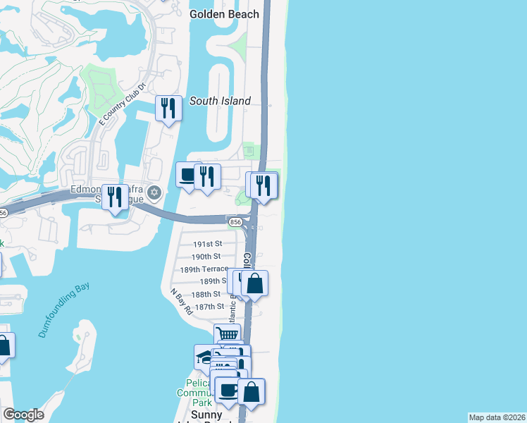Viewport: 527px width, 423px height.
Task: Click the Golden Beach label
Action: (224, 14)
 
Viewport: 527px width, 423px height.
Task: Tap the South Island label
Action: (220, 101)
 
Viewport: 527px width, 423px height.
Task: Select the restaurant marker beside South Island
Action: (168, 109)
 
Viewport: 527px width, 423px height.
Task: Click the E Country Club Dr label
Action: (122, 104)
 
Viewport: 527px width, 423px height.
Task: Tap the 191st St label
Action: (208, 244)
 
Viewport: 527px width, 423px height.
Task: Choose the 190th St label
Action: (206, 257)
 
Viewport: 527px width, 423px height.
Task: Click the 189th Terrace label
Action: (204, 269)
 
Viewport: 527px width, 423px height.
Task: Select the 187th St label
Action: (209, 307)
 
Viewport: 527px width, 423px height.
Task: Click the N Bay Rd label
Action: (181, 301)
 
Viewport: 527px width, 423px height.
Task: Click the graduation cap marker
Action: (205, 356)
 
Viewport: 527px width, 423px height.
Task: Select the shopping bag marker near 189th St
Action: (254, 283)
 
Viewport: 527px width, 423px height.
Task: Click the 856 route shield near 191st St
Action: (236, 222)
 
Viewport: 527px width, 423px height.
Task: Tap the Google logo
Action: (23, 415)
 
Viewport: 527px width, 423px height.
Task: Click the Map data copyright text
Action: (497, 417)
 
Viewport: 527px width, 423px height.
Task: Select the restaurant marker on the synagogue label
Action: (115, 197)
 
